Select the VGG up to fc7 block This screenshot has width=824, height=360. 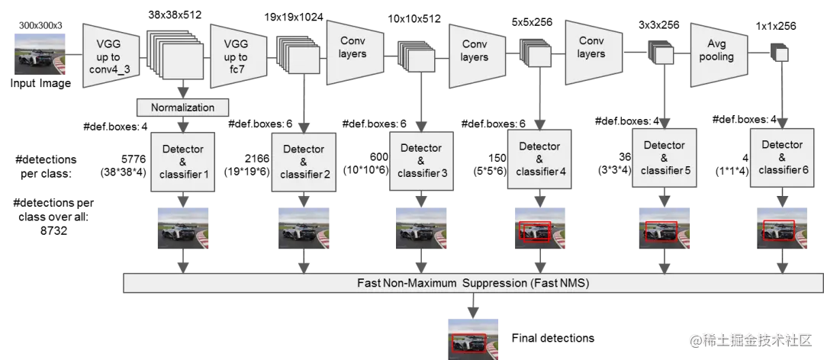pyautogui.click(x=236, y=53)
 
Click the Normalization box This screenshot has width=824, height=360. pyautogui.click(x=182, y=108)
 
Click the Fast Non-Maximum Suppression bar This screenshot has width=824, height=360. pyautogui.click(x=473, y=283)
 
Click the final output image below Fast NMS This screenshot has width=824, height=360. pyautogui.click(x=473, y=339)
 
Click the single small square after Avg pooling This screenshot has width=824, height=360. pyautogui.click(x=781, y=54)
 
